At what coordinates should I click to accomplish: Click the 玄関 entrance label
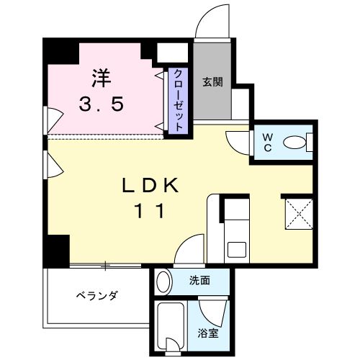[212, 81]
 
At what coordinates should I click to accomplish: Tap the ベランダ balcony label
[97, 296]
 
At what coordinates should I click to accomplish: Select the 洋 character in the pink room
[100, 74]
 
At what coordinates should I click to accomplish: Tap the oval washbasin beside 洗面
[163, 280]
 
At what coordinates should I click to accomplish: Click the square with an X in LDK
[297, 215]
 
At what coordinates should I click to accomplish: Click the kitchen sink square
[235, 250]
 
